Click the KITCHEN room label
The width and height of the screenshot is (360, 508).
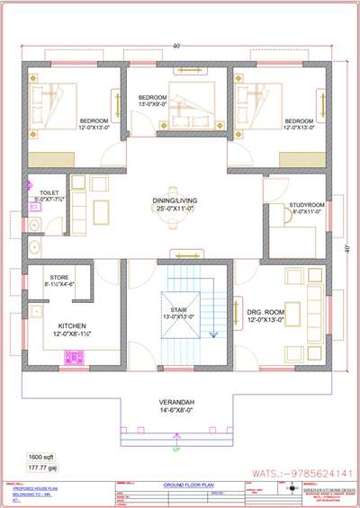click(72, 325)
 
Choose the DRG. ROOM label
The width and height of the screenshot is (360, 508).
click(265, 312)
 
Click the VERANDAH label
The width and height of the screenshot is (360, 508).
click(176, 402)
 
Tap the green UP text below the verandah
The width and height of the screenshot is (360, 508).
click(175, 447)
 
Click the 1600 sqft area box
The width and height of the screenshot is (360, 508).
click(40, 458)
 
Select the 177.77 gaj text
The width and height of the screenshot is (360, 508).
click(40, 468)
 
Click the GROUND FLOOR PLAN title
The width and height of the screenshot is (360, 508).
click(186, 485)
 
